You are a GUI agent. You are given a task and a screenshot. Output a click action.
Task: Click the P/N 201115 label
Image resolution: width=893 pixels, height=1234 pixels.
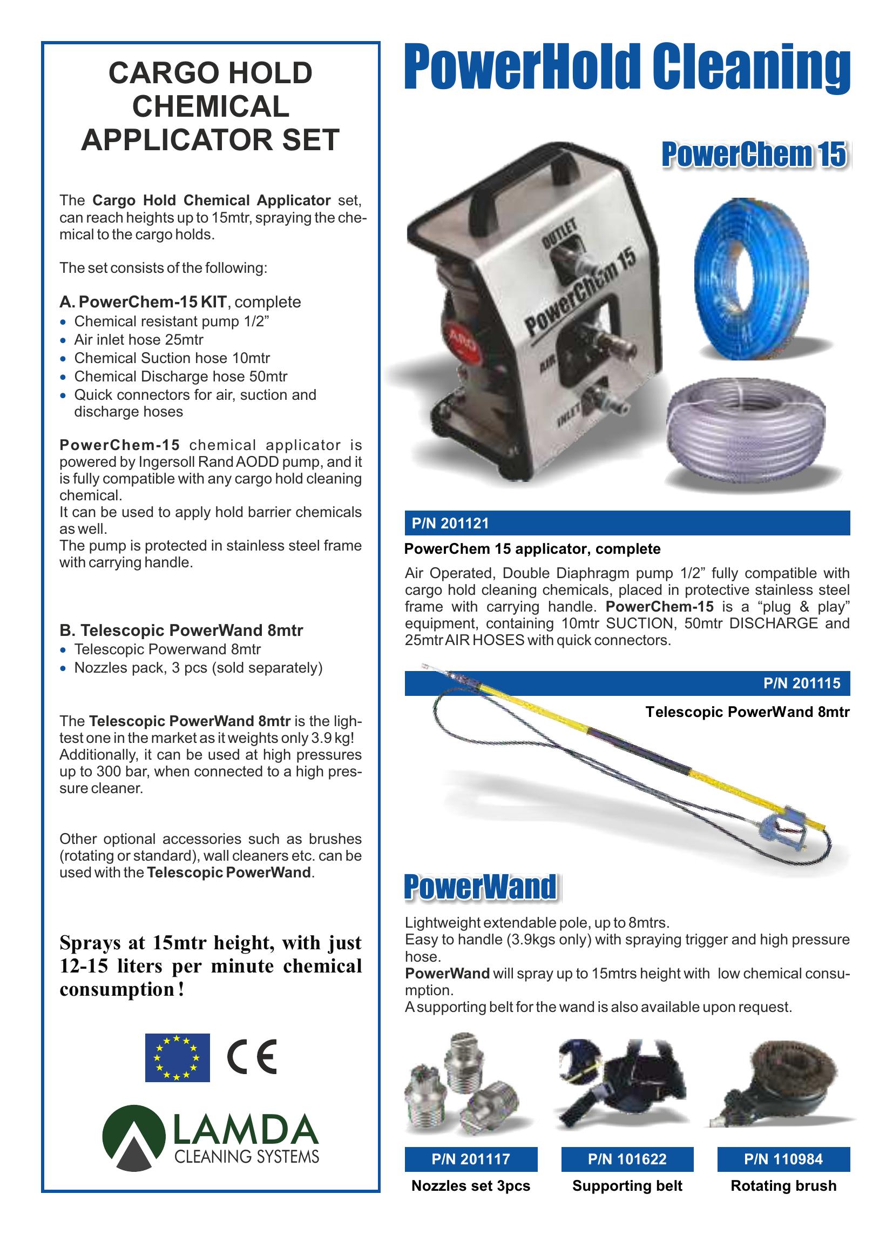[802, 683]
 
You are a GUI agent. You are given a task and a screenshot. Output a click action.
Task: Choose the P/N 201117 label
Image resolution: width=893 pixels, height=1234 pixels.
[470, 1159]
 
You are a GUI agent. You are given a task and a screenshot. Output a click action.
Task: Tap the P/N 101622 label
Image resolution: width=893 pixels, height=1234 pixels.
[627, 1159]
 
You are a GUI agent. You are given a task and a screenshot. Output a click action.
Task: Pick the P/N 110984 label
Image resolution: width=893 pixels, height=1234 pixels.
[783, 1159]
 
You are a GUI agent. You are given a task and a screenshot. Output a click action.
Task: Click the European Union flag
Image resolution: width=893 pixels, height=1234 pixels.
[177, 1057]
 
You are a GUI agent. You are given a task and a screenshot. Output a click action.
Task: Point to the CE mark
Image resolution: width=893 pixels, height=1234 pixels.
[251, 1057]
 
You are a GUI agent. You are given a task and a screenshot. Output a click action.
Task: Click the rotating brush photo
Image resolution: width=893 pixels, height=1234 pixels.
[783, 1088]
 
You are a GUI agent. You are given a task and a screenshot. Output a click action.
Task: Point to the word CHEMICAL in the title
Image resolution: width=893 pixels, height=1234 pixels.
[211, 106]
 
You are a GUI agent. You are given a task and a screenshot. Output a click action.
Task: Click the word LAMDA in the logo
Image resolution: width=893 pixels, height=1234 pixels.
[245, 1130]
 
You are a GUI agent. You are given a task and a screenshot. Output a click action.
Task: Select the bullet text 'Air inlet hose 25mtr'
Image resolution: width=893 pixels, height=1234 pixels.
[139, 340]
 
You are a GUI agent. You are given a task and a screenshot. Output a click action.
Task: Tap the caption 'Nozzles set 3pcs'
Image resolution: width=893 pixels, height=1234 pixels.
[470, 1186]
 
